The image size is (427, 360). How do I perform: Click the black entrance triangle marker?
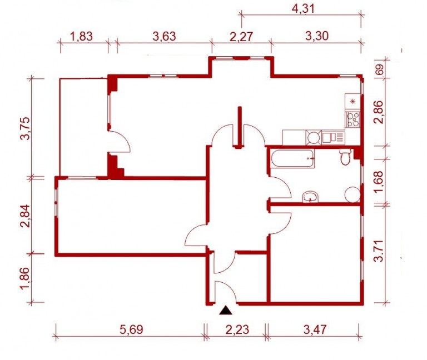(226, 311)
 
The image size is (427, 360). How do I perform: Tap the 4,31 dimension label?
(303, 9)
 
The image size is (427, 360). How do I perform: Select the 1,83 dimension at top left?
(81, 36)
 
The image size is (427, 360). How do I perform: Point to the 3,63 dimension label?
(164, 36)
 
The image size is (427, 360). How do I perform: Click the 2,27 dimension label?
(241, 37)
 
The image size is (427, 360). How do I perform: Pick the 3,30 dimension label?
(317, 36)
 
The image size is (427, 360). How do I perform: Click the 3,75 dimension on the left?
(26, 128)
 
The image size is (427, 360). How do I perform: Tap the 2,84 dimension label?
(26, 216)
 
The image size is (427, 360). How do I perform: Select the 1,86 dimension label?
(26, 278)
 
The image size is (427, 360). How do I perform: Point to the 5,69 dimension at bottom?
(131, 330)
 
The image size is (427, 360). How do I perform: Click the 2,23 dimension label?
(237, 330)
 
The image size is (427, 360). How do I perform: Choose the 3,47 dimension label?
(315, 330)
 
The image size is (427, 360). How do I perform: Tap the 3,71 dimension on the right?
(379, 251)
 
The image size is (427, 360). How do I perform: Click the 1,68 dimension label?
(379, 182)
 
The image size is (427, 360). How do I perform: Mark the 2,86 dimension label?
(379, 112)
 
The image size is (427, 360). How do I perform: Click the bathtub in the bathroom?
(292, 158)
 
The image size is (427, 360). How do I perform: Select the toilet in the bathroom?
(346, 157)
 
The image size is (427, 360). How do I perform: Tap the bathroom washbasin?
(310, 197)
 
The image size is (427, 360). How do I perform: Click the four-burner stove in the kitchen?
(353, 119)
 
